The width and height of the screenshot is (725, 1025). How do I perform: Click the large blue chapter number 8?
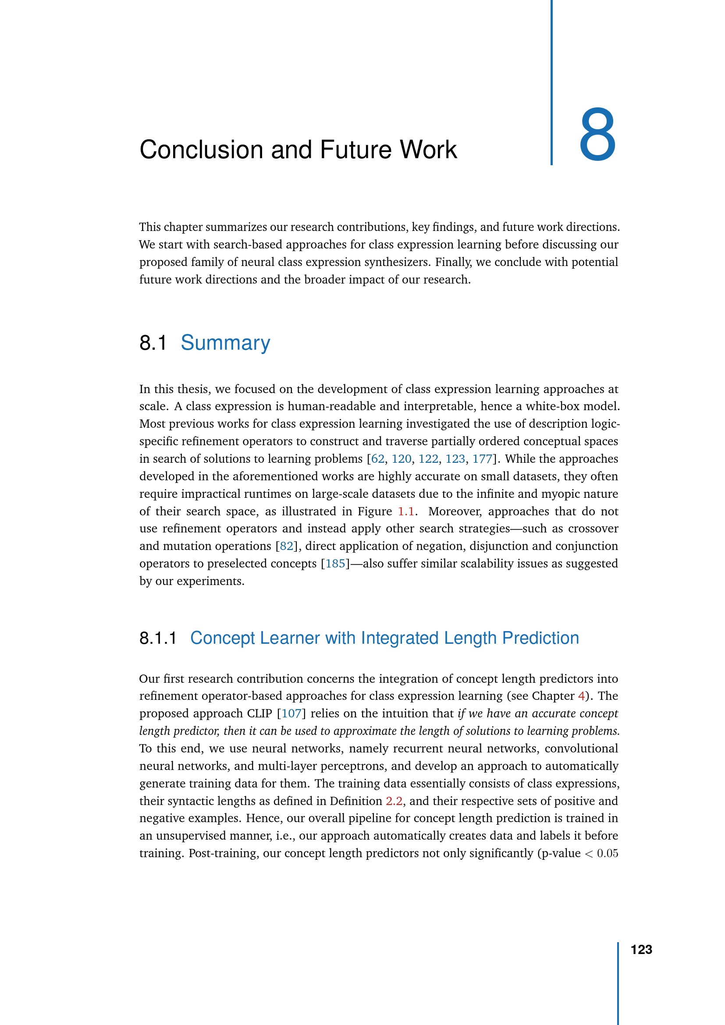tap(597, 135)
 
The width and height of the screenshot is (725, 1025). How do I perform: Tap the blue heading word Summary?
tap(225, 343)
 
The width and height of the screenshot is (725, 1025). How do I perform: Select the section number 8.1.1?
tap(158, 638)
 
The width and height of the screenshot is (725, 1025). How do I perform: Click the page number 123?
tap(641, 950)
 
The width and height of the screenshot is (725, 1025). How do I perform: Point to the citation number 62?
tap(378, 459)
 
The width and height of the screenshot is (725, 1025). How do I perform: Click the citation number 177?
tap(482, 459)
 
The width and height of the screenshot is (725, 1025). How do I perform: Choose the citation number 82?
tap(287, 546)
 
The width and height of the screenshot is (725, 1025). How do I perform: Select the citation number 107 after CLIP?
tap(291, 713)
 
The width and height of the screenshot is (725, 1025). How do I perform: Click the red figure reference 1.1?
tap(406, 511)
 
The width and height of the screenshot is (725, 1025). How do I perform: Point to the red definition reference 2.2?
tap(394, 801)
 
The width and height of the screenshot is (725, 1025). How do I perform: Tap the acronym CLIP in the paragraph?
tap(259, 713)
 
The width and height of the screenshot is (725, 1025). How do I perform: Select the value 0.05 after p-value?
tap(608, 854)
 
